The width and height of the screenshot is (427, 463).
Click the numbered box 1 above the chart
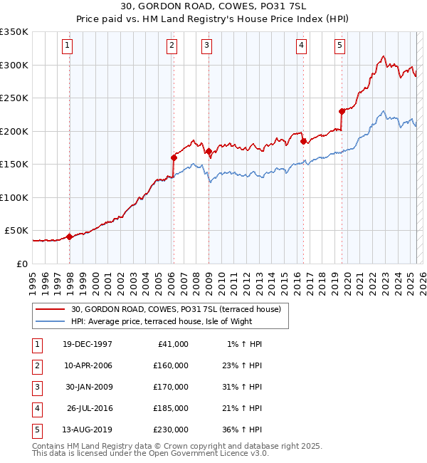click(67, 46)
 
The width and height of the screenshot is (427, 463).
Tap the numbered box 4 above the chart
click(302, 46)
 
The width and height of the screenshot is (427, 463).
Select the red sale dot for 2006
click(173, 157)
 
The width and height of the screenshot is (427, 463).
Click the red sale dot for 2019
click(342, 111)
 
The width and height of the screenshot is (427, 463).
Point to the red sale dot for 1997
click(69, 236)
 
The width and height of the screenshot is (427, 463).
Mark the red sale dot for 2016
click(303, 141)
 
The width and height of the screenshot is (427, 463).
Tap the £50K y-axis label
click(16, 231)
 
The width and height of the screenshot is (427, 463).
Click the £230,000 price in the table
click(171, 430)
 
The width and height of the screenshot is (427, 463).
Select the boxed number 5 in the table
click(36, 430)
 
